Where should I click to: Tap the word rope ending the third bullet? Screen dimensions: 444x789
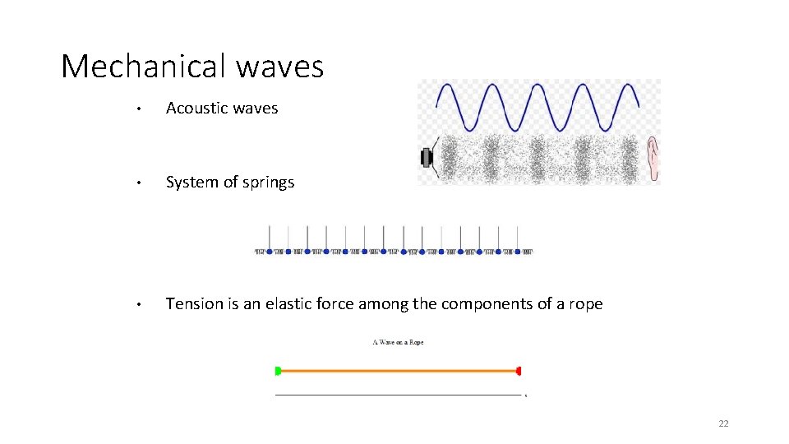(x=584, y=304)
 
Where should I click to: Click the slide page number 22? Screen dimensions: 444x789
(x=723, y=423)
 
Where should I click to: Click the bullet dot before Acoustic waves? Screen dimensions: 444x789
(x=141, y=109)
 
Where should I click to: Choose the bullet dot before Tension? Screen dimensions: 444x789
(x=141, y=304)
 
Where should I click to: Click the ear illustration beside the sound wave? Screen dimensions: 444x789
(x=653, y=158)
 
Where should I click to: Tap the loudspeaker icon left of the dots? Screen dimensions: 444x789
(x=427, y=157)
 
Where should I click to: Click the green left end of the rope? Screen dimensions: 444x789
(x=278, y=371)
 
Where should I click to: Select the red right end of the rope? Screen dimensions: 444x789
(x=519, y=371)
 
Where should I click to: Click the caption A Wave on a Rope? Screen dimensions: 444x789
(x=398, y=342)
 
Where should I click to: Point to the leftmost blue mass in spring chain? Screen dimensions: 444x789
(x=270, y=252)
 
